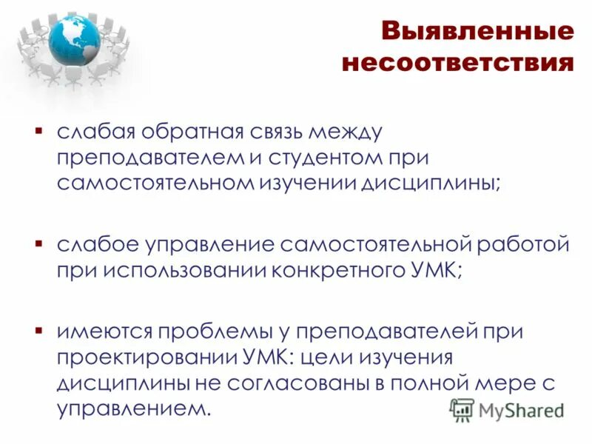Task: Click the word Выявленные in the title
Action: pyautogui.click(x=477, y=32)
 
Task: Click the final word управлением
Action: pyautogui.click(x=133, y=408)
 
